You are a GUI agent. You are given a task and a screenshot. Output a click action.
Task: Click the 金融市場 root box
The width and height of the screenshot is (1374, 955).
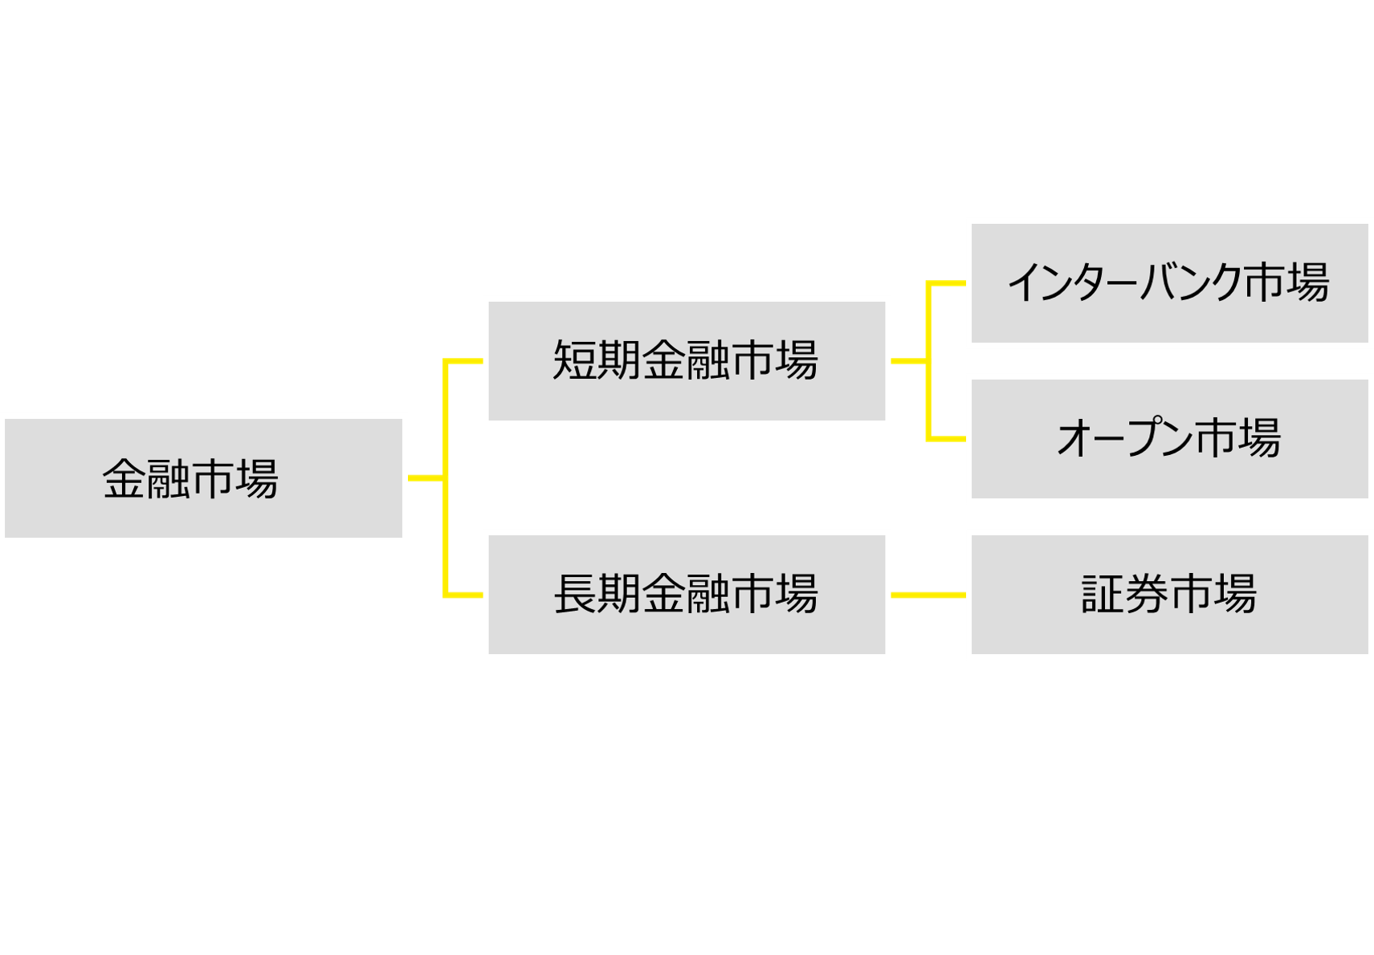coord(204,478)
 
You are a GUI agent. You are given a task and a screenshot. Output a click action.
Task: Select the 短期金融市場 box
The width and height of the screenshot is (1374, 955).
coord(687,361)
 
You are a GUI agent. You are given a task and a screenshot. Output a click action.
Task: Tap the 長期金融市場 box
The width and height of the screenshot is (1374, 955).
coord(687,595)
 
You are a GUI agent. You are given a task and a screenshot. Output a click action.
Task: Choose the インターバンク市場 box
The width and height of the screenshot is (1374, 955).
coord(1169,283)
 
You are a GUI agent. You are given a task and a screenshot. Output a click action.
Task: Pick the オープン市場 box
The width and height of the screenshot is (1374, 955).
coord(1169,439)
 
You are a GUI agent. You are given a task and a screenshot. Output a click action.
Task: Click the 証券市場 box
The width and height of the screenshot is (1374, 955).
coord(1169,595)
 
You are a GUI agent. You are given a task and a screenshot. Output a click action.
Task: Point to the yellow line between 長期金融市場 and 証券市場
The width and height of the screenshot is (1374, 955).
coord(928,595)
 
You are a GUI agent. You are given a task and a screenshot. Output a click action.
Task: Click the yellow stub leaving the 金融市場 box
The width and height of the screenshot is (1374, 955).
coord(426,478)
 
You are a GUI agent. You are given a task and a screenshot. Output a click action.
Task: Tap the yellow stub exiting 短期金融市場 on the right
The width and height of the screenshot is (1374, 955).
coord(908,361)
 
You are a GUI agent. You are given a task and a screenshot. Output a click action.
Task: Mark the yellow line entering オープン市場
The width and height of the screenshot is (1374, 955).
coord(948,439)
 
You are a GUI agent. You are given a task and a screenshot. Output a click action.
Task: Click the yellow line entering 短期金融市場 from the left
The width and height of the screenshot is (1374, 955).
coord(464,362)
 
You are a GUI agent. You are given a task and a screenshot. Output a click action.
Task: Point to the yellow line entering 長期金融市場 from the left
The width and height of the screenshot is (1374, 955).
coord(464,595)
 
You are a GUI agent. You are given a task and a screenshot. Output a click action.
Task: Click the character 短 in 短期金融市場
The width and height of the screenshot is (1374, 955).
coord(574,360)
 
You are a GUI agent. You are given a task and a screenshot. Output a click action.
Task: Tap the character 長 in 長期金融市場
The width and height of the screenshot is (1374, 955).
coord(575,594)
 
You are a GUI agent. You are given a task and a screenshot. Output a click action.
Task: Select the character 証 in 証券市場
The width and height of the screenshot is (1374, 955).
coord(1103,595)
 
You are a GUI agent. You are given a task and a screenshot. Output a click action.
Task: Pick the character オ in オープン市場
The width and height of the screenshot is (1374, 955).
coord(1078,439)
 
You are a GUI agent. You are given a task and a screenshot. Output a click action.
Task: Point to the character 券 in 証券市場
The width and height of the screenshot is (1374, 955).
coord(1147,595)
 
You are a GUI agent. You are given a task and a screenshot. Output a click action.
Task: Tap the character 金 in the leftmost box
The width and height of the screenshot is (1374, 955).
coord(124,479)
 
